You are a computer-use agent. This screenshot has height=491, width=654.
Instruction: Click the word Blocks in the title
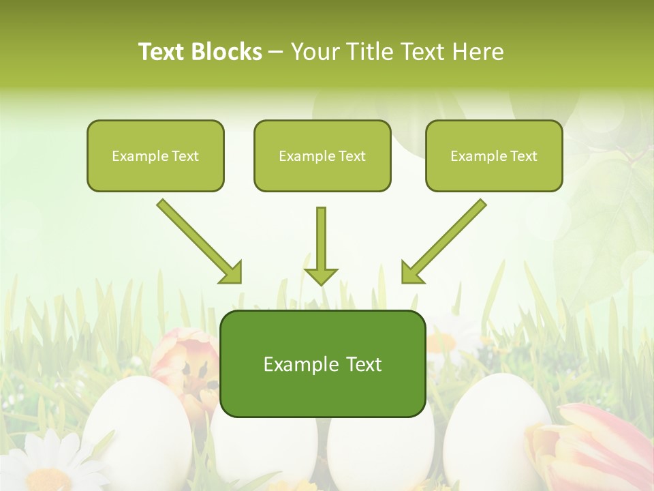[x=226, y=52]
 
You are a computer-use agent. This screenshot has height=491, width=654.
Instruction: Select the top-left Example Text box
[x=155, y=155]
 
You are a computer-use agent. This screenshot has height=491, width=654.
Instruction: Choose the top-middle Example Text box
[x=322, y=155]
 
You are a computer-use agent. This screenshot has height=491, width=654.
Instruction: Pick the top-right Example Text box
[x=494, y=155]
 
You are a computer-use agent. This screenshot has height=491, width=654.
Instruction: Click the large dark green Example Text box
[x=323, y=363]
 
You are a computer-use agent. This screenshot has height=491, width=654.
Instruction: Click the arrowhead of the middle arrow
[x=321, y=276]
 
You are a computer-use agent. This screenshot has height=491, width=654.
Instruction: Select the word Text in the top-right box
[x=524, y=155]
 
